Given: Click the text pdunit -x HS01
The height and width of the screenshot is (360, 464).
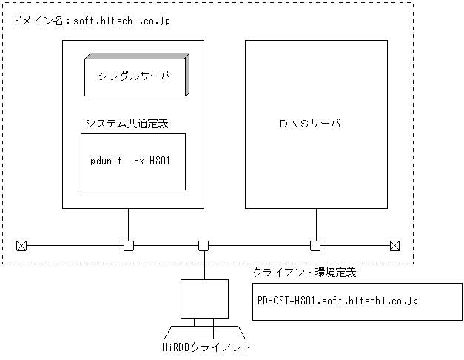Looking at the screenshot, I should click(130, 160).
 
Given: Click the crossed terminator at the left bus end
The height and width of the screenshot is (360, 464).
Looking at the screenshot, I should click(21, 245).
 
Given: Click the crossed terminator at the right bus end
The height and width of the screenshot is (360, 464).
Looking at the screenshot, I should click(395, 245).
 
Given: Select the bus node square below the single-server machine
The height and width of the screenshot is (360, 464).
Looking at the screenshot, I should click(129, 245).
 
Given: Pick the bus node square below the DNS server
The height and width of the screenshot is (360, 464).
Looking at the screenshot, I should click(315, 245).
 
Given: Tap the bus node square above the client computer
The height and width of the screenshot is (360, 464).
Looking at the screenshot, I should click(204, 245).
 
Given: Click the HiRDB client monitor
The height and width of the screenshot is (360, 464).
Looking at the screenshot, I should click(204, 299).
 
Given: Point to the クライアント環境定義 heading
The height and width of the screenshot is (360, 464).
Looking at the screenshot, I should click(305, 273).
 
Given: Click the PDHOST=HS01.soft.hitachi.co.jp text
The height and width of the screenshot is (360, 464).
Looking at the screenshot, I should click(337, 301).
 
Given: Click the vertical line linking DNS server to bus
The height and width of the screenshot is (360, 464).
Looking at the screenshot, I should click(315, 224).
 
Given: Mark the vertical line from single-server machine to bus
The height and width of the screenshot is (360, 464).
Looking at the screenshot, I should click(129, 224).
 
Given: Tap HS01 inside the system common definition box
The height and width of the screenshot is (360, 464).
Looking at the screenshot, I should click(161, 160).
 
